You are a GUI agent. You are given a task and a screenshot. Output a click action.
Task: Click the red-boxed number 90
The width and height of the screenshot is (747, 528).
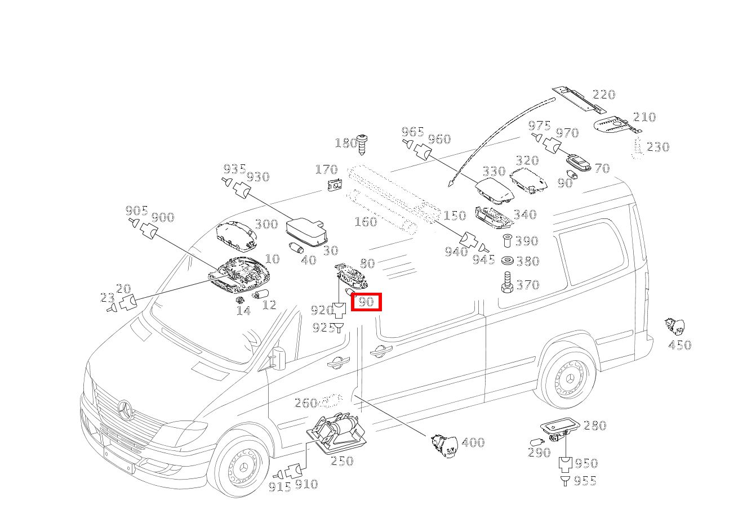(366, 302)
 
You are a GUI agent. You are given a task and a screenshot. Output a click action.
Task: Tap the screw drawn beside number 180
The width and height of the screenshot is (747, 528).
(362, 144)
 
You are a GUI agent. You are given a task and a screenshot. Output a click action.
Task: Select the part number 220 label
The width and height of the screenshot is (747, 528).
(603, 95)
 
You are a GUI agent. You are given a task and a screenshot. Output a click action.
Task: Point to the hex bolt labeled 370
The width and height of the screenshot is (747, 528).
(507, 283)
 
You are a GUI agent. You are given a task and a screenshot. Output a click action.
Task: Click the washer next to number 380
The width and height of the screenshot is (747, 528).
(508, 261)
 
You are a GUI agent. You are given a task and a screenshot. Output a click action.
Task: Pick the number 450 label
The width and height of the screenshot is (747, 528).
(680, 345)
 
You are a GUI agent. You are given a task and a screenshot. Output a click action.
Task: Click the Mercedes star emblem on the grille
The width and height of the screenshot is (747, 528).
(125, 410)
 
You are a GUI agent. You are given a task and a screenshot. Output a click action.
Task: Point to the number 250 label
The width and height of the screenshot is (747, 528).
(342, 461)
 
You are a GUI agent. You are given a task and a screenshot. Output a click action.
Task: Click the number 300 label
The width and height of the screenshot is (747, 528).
(266, 224)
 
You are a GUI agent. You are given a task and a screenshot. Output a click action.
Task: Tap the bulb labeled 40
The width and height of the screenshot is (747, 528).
(296, 248)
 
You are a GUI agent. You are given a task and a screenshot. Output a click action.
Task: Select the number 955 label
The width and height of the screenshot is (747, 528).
(585, 481)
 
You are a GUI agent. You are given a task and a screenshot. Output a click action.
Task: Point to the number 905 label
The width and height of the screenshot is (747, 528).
(136, 211)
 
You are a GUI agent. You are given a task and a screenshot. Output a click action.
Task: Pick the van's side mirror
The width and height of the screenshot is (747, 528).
(279, 358)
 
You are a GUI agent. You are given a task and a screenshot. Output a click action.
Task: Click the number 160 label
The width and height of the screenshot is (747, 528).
(366, 222)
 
